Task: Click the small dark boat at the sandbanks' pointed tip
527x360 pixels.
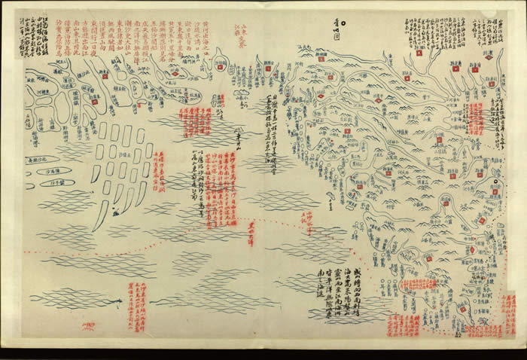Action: pos(114,213)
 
